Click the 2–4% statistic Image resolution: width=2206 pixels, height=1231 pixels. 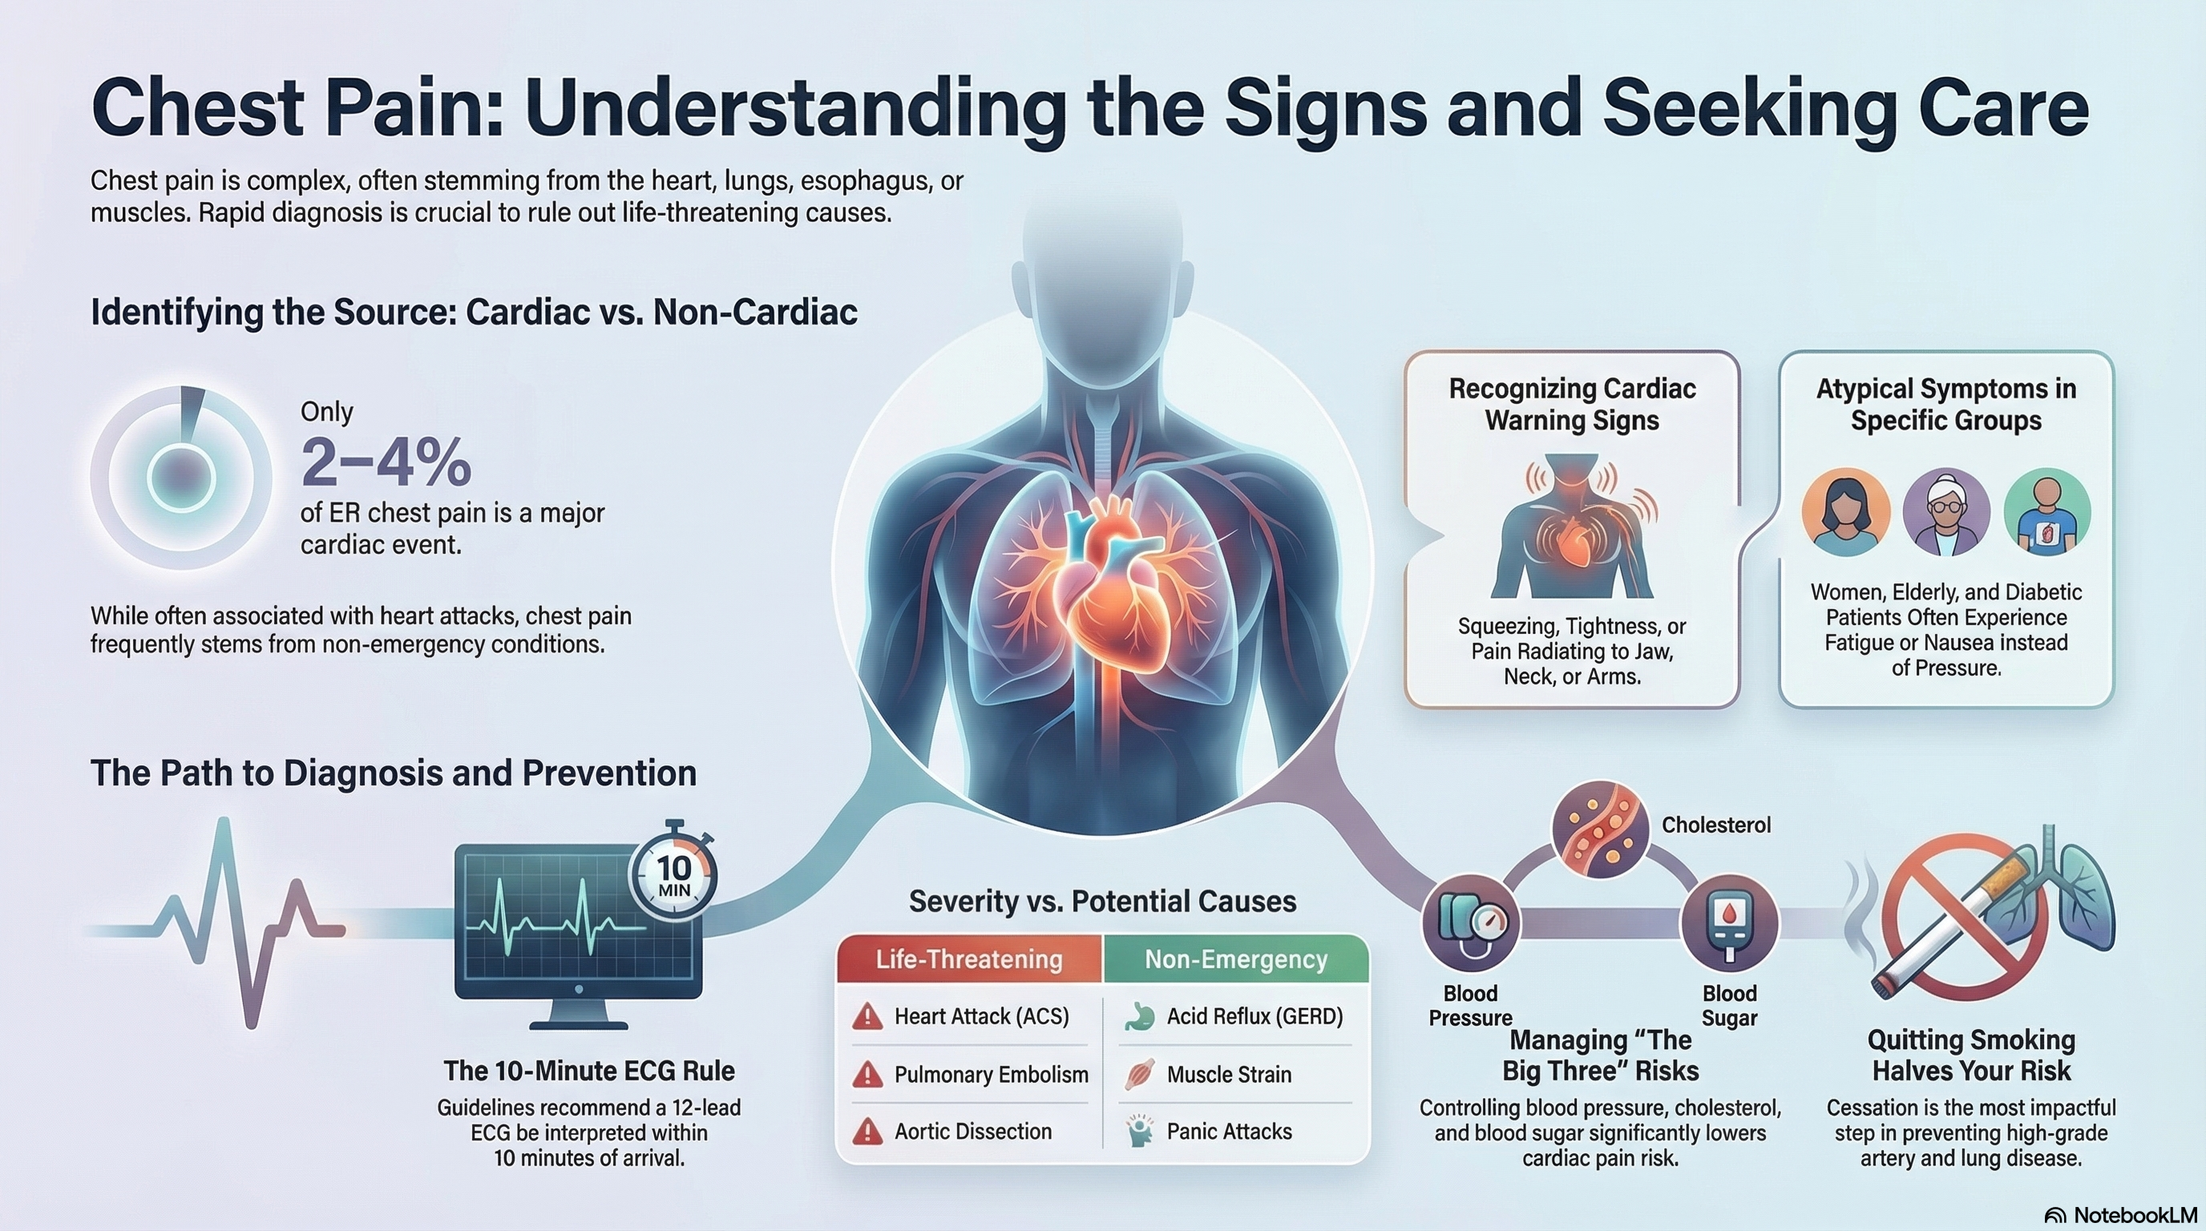386,462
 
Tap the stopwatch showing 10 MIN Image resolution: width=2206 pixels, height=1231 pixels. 673,875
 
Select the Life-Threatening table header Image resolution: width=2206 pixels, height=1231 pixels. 968,959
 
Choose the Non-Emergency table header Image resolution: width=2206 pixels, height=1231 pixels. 1236,959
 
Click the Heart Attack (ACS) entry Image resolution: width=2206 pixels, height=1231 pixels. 981,1017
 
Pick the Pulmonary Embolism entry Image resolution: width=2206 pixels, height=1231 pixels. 991,1075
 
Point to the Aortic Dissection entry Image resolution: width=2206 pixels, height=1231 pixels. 973,1132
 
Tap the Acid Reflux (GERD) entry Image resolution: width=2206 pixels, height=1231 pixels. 1255,1017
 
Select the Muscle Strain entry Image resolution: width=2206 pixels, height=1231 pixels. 1229,1075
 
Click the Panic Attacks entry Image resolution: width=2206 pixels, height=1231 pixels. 1229,1132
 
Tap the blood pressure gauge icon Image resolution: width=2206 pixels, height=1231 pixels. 1470,922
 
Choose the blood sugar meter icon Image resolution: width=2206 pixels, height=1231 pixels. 1729,922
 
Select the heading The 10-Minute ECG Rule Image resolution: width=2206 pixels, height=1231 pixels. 589,1071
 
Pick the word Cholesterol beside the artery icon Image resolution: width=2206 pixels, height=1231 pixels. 1716,825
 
